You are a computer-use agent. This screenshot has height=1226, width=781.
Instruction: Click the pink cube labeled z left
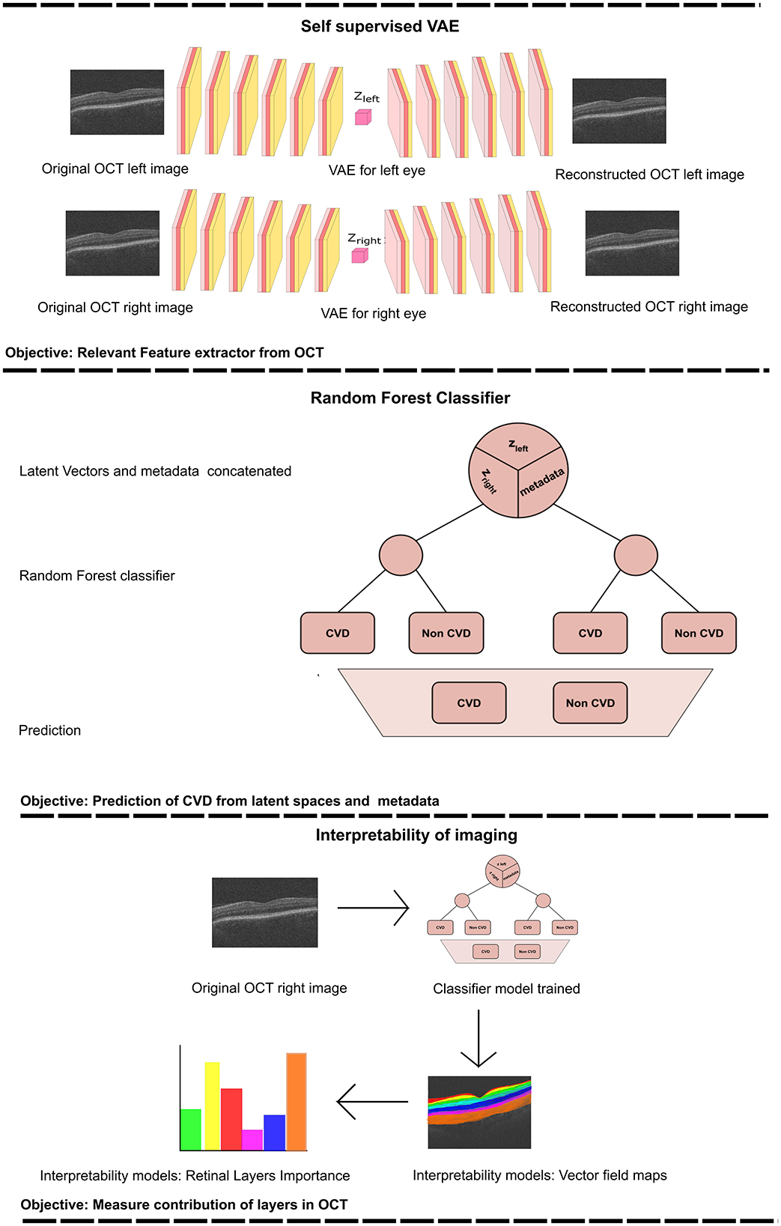362,117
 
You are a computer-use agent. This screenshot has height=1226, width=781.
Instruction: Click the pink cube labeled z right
359,255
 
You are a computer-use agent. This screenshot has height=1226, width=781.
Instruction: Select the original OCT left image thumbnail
117,102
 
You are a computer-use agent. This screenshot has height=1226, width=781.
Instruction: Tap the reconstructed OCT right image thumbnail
632,243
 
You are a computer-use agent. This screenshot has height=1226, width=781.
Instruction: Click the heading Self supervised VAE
380,26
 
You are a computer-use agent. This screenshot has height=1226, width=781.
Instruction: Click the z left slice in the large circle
518,446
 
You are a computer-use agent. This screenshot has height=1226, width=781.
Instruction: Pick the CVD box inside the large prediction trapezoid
469,702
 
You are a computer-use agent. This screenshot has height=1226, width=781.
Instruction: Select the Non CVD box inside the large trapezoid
590,702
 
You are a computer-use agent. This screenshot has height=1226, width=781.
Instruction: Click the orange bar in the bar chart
297,1101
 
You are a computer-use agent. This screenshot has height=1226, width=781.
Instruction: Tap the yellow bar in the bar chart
212,1105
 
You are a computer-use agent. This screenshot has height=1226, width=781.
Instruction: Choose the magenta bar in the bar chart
252,1139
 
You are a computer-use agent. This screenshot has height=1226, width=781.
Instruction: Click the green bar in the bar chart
191,1129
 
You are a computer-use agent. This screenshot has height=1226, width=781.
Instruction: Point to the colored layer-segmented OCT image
479,1112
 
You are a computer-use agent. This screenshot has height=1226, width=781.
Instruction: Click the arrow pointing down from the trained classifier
478,1038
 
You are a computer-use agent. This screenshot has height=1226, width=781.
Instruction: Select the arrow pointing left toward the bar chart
372,1102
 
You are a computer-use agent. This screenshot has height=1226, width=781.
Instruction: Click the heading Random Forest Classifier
410,398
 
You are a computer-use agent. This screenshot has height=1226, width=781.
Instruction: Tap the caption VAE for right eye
373,313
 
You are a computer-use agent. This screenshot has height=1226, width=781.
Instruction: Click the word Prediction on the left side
49,730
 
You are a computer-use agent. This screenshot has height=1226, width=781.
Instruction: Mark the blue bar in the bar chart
274,1132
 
